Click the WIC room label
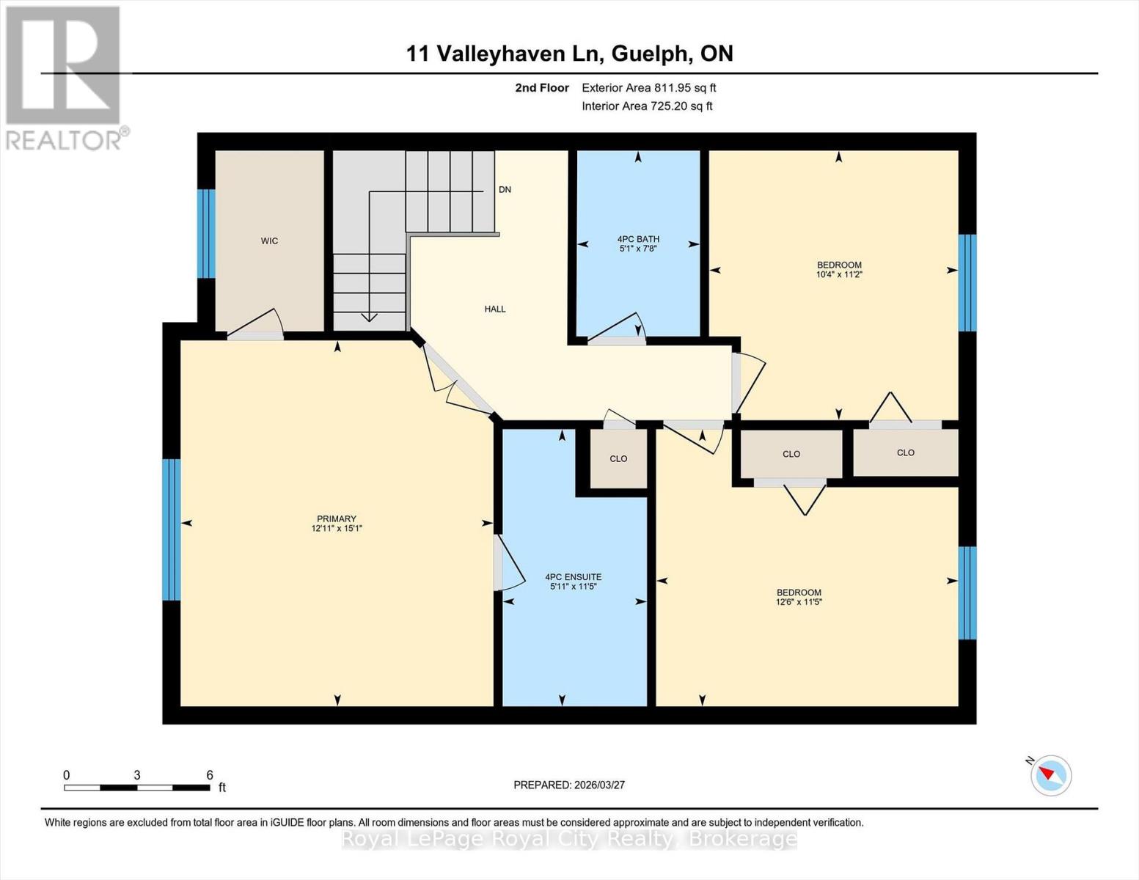[x=269, y=241]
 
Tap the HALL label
[x=495, y=309]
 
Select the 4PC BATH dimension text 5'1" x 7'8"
[x=638, y=249]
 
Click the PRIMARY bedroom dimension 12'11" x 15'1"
[x=337, y=528]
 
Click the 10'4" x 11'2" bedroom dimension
[x=839, y=274]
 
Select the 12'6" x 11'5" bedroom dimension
[x=799, y=602]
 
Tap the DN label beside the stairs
[x=505, y=189]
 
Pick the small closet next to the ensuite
[x=618, y=458]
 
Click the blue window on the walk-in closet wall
[x=207, y=233]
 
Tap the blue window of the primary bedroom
[x=171, y=529]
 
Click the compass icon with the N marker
[x=1051, y=774]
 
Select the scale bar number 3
[x=137, y=775]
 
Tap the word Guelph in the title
[x=648, y=54]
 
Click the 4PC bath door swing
[x=620, y=328]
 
